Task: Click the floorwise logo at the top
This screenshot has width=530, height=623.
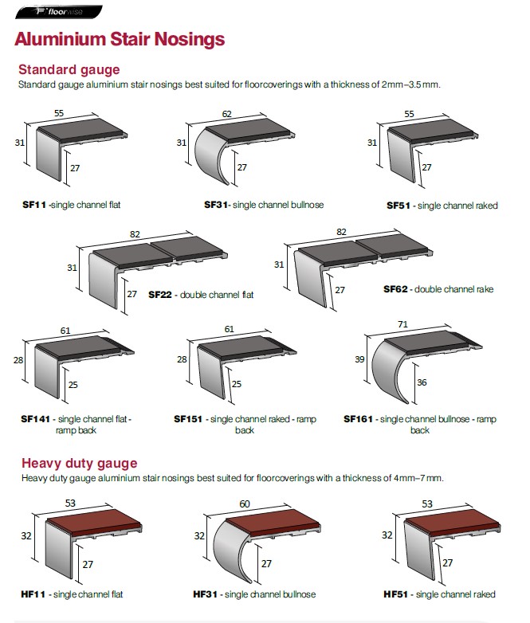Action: pos(59,12)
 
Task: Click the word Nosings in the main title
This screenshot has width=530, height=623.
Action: pos(190,39)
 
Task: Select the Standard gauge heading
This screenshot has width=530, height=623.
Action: pos(69,69)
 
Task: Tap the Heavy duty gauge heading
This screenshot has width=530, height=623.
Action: pos(80,464)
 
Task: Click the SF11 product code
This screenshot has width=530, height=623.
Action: pos(34,205)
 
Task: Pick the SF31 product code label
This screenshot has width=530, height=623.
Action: pos(215,205)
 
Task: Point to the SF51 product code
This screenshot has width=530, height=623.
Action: pos(398,206)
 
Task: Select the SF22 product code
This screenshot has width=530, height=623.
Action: pos(160,295)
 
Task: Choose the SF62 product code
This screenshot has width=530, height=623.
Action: pos(395,289)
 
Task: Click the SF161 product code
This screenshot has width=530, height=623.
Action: pos(358,419)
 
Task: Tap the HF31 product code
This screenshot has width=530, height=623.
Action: pos(205,594)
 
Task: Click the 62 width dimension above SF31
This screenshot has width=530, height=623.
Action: pos(226,114)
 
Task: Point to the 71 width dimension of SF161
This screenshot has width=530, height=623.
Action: pos(402,324)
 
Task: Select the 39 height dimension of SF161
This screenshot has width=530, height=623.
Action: pos(359,359)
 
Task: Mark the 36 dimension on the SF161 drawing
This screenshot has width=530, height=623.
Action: pos(422,382)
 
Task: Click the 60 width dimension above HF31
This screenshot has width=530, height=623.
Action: pos(245,503)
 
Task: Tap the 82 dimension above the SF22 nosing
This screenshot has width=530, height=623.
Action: pos(135,234)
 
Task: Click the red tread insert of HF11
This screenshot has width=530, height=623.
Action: pos(94,520)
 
